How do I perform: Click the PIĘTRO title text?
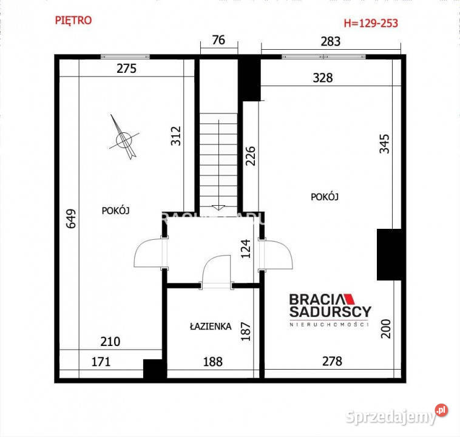click(x=73, y=20)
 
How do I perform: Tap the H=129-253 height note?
click(x=371, y=24)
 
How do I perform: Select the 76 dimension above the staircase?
click(x=218, y=41)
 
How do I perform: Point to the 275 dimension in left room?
click(x=126, y=69)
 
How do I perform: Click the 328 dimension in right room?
click(x=323, y=78)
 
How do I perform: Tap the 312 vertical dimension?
click(x=176, y=135)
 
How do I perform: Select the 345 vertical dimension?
click(x=384, y=143)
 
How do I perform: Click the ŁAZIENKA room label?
click(x=209, y=326)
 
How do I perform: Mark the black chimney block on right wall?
click(x=390, y=254)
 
